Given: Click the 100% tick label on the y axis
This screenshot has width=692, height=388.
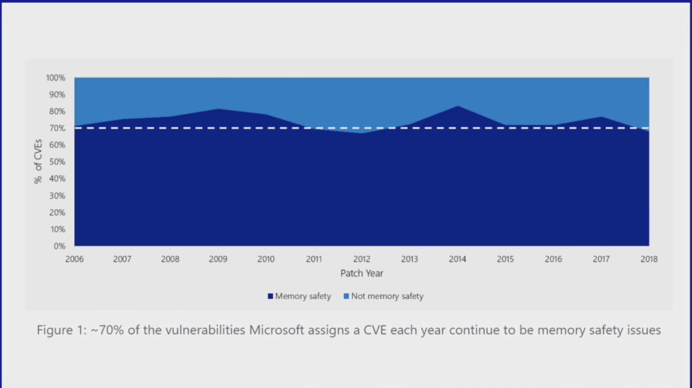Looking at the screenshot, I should [x=56, y=78].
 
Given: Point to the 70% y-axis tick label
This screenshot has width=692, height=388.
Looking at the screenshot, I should [x=57, y=128].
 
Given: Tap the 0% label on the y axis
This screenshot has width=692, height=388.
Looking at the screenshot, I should [x=59, y=246].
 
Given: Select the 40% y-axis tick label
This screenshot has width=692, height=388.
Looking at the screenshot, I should [x=57, y=179].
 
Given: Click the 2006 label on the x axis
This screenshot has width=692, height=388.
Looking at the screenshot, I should [x=74, y=259].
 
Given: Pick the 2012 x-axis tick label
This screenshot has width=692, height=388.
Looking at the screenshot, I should [x=361, y=259].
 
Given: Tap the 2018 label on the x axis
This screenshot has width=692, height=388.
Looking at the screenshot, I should [x=649, y=259].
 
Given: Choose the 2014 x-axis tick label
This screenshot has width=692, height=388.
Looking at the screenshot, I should [x=457, y=259].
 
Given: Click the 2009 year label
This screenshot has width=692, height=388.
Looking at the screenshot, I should [x=218, y=259].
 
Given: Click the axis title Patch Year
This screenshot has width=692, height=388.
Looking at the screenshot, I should [x=361, y=273].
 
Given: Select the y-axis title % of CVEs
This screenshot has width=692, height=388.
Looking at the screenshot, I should [x=38, y=161].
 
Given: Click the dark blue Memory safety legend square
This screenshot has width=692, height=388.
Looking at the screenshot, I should [x=270, y=296].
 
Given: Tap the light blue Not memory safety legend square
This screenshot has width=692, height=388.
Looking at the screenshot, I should [x=346, y=296].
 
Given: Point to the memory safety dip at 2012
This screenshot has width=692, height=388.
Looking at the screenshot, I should [x=361, y=133].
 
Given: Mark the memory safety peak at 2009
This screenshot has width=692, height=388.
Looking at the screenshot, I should [x=218, y=109].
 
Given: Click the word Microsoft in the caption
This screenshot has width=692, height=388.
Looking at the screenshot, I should [x=276, y=330].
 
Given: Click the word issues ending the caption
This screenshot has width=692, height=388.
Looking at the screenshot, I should [x=644, y=330].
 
